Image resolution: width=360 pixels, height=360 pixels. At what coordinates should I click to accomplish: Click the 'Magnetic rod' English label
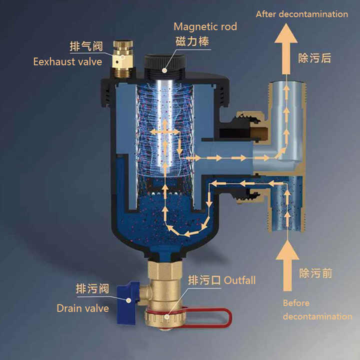click(x=205, y=26)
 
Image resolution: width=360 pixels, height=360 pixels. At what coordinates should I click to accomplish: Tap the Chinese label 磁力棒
click(x=191, y=41)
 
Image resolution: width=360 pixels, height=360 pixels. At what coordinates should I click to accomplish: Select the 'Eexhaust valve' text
click(x=67, y=62)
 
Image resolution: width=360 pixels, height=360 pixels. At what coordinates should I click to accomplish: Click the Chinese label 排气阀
click(x=86, y=47)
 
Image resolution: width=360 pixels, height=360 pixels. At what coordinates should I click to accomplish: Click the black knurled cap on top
click(x=163, y=63)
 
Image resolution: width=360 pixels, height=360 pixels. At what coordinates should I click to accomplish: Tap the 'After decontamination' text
click(x=301, y=14)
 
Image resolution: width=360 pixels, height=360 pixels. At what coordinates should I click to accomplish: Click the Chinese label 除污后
click(x=315, y=58)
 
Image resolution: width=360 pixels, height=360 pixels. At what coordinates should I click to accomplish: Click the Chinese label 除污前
click(x=315, y=273)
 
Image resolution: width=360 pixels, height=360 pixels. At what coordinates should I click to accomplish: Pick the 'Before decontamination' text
click(x=317, y=309)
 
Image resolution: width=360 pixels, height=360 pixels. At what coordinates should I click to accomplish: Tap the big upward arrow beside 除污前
click(x=286, y=265)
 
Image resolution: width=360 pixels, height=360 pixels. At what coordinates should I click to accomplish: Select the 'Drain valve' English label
click(x=82, y=308)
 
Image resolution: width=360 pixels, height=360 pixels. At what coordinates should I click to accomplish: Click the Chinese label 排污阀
click(x=92, y=289)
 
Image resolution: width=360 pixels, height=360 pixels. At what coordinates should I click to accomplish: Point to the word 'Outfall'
click(x=239, y=280)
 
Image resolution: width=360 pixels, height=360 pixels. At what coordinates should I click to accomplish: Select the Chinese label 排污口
click(x=204, y=280)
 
